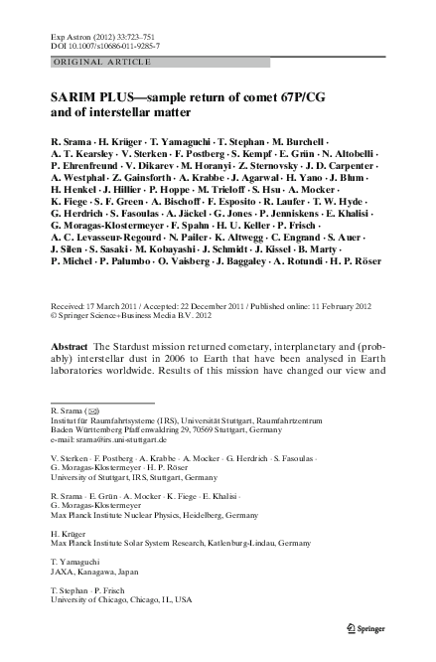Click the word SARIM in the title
pyautogui.click(x=73, y=101)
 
